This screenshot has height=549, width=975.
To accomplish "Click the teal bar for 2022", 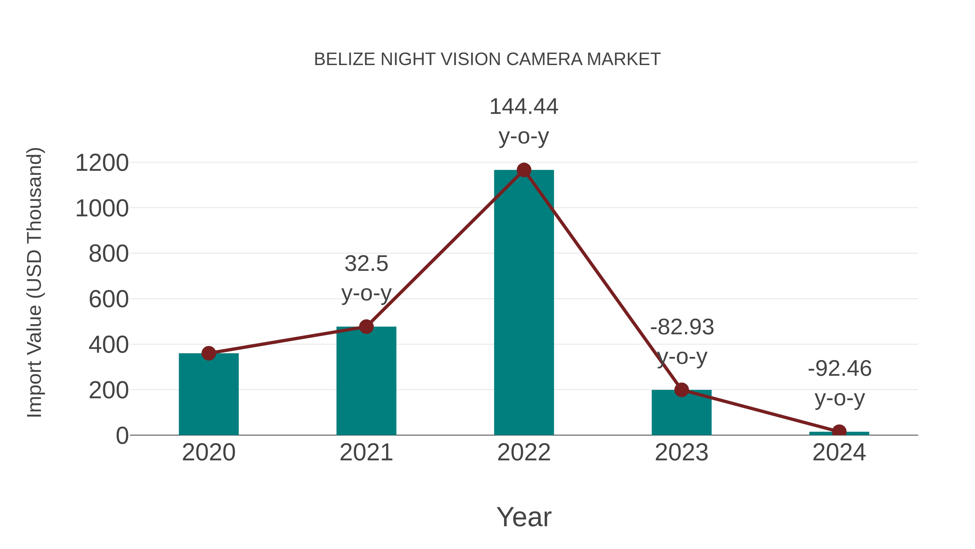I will pyautogui.click(x=524, y=303).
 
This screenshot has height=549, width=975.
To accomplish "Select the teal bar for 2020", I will pyautogui.click(x=209, y=394).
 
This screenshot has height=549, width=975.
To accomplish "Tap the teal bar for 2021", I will pyautogui.click(x=366, y=381).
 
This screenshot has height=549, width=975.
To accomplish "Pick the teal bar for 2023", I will pyautogui.click(x=681, y=413).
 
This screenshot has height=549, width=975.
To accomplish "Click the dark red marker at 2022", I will pyautogui.click(x=524, y=170).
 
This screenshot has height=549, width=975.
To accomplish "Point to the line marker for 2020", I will pyautogui.click(x=209, y=353).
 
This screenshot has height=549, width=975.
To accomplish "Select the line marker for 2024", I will pyautogui.click(x=839, y=432).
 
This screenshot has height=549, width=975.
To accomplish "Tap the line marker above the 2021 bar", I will pyautogui.click(x=366, y=326).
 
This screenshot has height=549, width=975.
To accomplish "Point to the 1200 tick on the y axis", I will pyautogui.click(x=102, y=163).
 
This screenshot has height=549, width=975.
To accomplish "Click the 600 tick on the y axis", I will pyautogui.click(x=109, y=299).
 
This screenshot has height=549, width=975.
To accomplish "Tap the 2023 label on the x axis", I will pyautogui.click(x=681, y=453).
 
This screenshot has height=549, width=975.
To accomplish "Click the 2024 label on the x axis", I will pyautogui.click(x=839, y=453).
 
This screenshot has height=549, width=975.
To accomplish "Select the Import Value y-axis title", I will pyautogui.click(x=35, y=282).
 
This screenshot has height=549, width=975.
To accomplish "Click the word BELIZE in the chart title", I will pyautogui.click(x=344, y=59).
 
